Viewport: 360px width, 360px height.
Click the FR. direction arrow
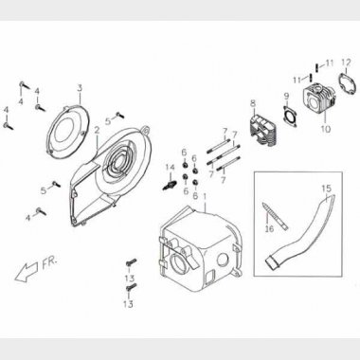(27, 271)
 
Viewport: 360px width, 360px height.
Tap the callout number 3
(80, 88)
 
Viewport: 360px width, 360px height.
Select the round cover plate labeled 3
(66, 131)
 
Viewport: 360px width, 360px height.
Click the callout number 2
(97, 130)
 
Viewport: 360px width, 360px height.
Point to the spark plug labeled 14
(169, 185)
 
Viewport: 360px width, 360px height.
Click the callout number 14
(171, 168)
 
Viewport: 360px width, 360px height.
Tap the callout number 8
(253, 103)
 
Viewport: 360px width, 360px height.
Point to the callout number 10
(326, 129)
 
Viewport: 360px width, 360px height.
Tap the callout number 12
(346, 63)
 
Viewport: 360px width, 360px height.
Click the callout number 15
(327, 189)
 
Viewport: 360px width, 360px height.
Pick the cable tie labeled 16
(275, 217)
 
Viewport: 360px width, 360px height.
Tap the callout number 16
(269, 228)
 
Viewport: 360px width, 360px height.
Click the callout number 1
(205, 197)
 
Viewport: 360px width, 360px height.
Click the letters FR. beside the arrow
(50, 262)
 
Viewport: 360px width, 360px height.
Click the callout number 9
(286, 96)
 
